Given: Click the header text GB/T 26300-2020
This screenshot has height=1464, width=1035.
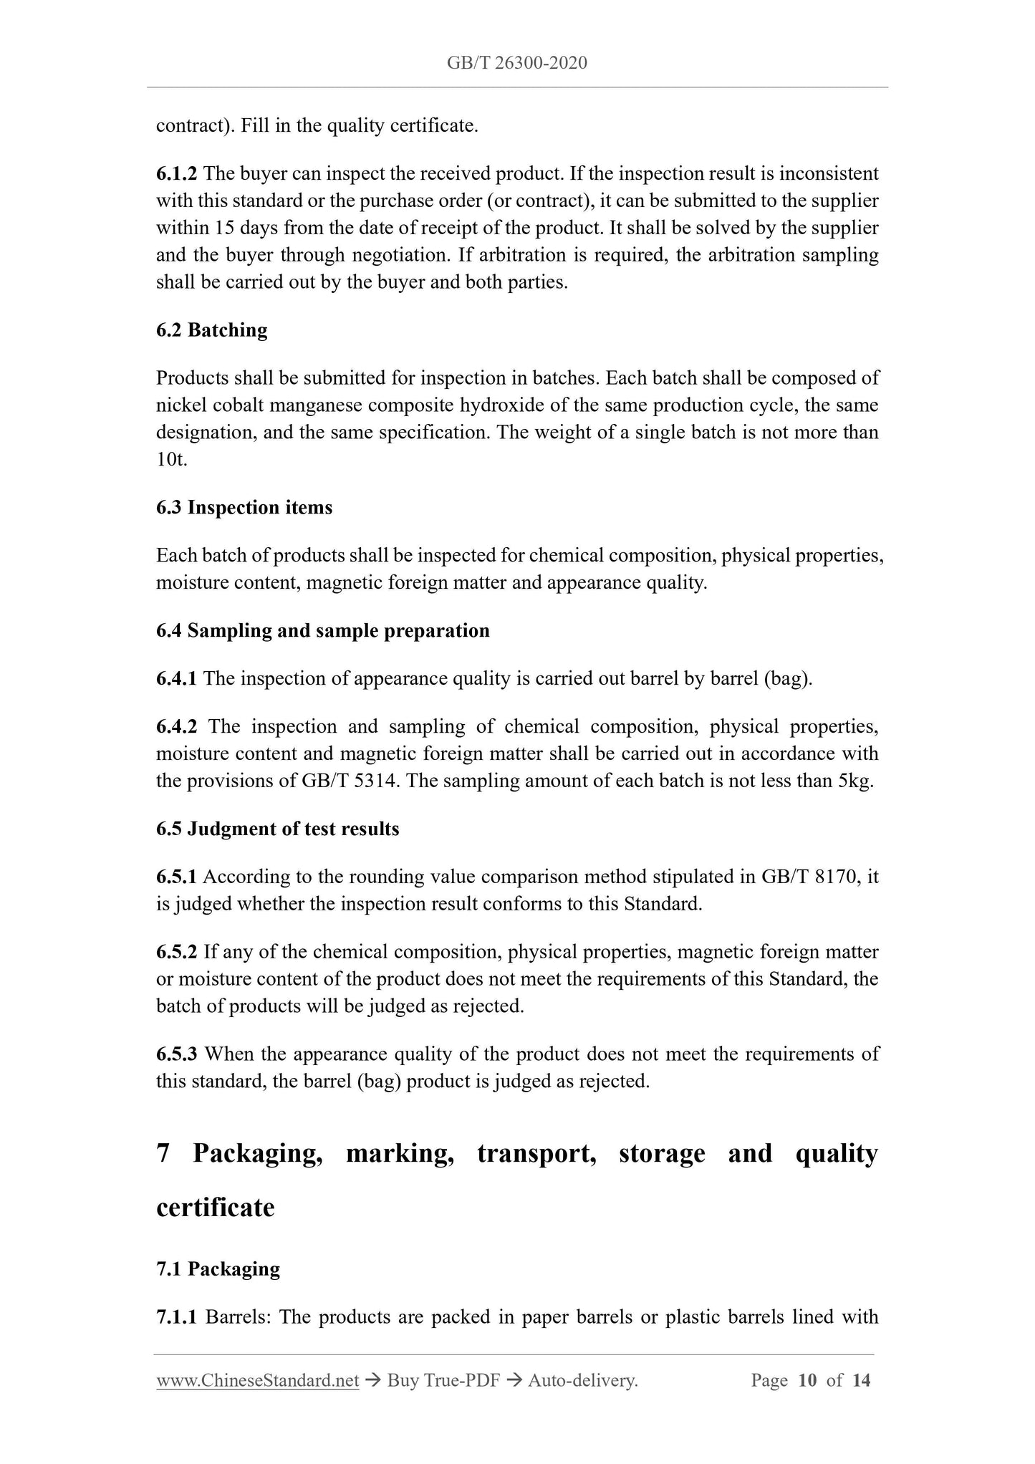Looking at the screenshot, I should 516,63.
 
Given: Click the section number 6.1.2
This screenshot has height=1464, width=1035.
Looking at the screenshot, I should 176,174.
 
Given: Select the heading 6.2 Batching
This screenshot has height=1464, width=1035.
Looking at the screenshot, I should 211,330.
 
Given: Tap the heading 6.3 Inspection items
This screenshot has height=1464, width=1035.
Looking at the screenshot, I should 244,508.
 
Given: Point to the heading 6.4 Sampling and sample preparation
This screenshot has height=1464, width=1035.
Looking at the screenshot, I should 322,631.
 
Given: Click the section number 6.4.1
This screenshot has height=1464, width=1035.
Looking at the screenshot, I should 176,679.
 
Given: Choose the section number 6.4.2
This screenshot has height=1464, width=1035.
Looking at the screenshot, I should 176,727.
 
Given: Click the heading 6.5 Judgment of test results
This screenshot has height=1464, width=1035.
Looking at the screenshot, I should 277,829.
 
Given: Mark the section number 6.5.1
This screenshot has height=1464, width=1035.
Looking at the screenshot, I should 176,877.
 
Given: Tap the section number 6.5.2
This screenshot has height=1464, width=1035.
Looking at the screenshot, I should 176,953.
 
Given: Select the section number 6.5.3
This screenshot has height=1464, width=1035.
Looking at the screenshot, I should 176,1054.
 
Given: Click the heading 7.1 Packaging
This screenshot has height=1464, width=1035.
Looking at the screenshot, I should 218,1269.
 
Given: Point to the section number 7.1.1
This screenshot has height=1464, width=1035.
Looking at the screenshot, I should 176,1317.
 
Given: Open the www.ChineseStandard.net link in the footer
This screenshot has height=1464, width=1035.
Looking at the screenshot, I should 257,1380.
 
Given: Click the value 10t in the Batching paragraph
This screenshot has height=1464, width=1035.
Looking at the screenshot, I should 171,460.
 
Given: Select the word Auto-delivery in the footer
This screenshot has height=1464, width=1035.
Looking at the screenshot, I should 582,1380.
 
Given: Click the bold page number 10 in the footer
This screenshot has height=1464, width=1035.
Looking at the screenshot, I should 807,1380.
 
